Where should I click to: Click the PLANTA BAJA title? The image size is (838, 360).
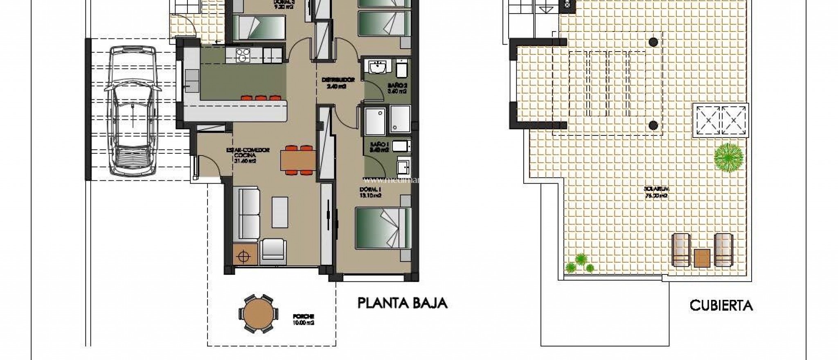point(402,303)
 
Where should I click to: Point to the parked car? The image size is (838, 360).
point(133,110)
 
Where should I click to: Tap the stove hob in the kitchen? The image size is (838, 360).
point(242,55)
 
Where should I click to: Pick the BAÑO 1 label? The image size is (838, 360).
point(379,147)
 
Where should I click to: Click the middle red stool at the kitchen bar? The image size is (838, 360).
point(260,98)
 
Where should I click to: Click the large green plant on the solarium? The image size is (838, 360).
point(728,157)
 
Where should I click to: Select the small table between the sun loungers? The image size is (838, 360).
point(702,258)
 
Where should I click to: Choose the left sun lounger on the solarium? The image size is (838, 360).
point(681,249)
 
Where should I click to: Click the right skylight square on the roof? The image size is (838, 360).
point(734,121)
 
